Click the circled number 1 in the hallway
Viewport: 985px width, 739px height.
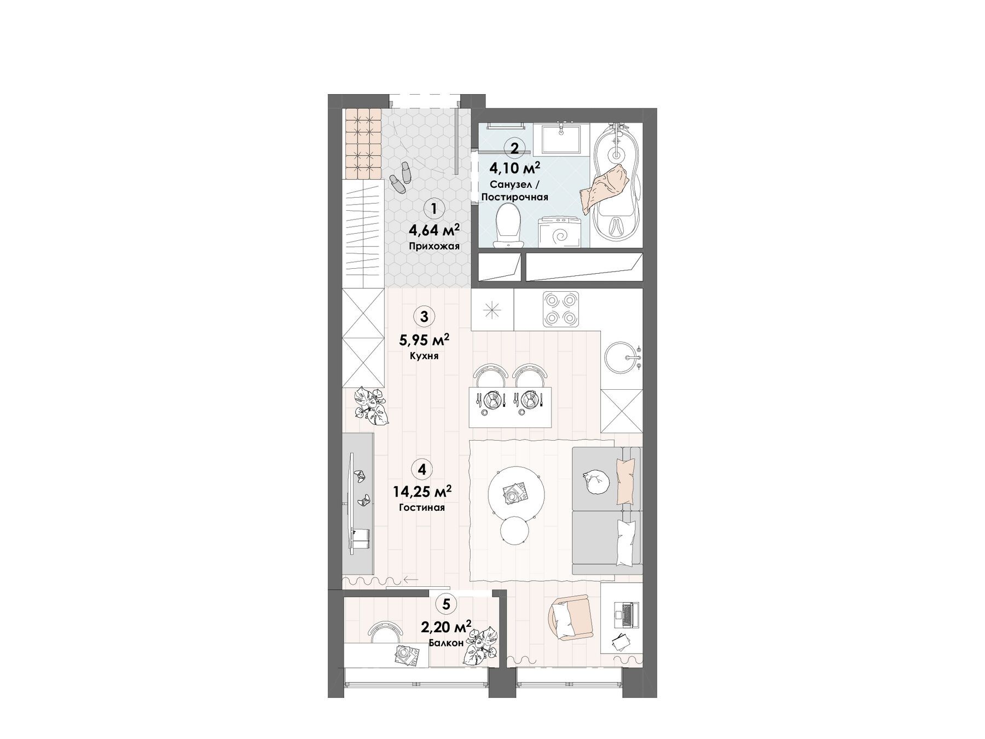(x=433, y=209)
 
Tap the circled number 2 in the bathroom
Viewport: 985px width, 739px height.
(x=514, y=148)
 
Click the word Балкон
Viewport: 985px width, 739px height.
(x=447, y=643)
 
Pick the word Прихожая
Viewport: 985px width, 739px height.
(x=434, y=246)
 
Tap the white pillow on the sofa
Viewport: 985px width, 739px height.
(x=626, y=542)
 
